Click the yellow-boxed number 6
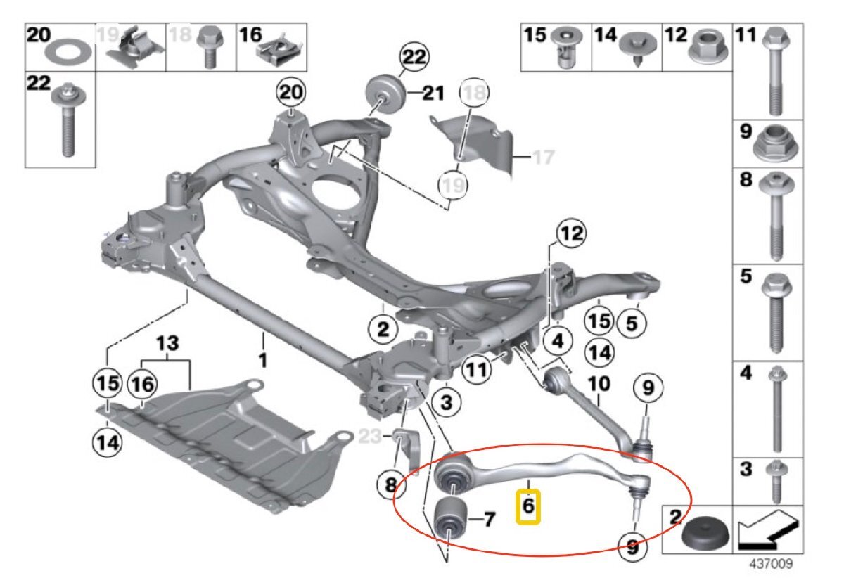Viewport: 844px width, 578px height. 528,506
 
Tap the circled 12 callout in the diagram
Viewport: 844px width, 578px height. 572,233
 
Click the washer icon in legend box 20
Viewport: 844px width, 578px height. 61,51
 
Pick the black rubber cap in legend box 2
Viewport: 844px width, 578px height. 703,539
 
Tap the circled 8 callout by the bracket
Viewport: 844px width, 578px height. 391,484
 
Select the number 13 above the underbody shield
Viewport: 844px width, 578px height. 167,345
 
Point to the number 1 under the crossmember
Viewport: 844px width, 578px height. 262,360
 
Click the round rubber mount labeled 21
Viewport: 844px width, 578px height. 384,93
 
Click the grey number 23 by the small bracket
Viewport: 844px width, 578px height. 371,437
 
